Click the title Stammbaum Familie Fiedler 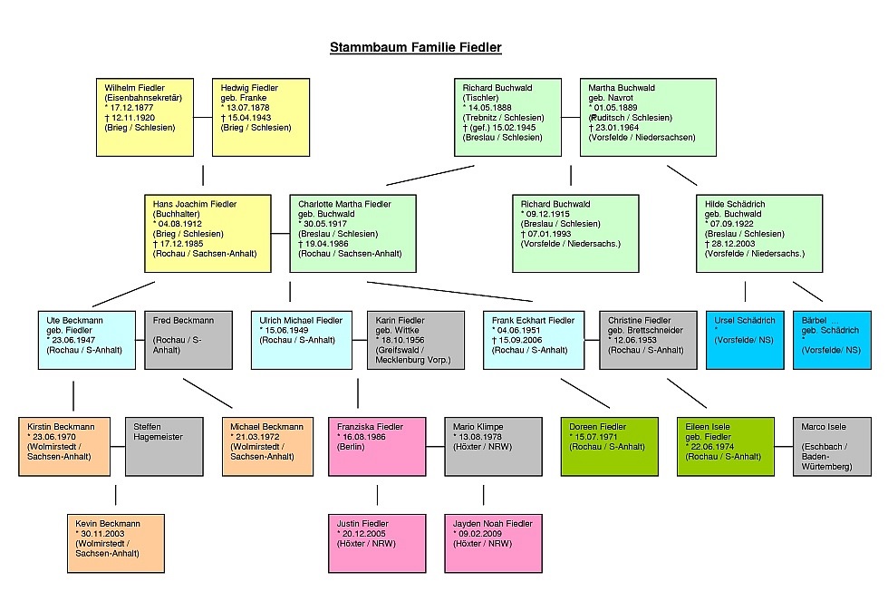pyautogui.click(x=415, y=47)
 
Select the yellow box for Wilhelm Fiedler pyautogui.click(x=149, y=117)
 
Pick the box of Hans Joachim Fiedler pyautogui.click(x=208, y=233)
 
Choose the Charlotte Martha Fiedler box pyautogui.click(x=353, y=233)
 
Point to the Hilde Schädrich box pyautogui.click(x=758, y=233)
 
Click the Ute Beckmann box pyautogui.click(x=86, y=340)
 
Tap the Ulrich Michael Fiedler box pyautogui.click(x=301, y=340)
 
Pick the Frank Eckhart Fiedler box pyautogui.click(x=534, y=340)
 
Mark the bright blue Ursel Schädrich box pyautogui.click(x=745, y=340)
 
